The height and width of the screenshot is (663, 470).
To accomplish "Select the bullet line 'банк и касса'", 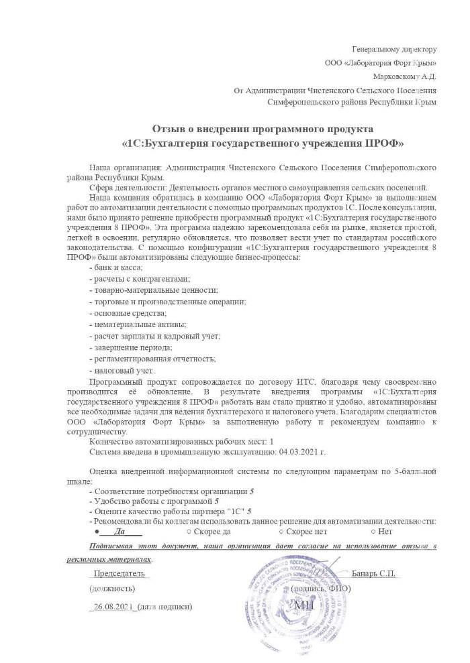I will coord(115,267).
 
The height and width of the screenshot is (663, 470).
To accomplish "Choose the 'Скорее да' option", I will coord(211,532).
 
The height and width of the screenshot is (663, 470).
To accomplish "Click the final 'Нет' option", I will coord(385,532).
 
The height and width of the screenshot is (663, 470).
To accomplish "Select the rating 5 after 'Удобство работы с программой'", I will coord(217,501).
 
